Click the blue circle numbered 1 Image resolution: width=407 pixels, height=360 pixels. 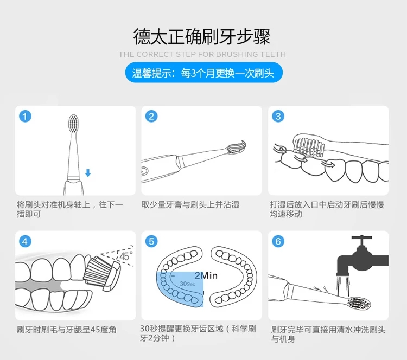[x=25, y=116]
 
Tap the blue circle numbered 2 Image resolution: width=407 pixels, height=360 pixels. [x=151, y=116]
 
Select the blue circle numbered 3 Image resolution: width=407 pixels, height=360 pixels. [x=278, y=116]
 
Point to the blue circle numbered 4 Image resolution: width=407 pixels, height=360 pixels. [x=25, y=241]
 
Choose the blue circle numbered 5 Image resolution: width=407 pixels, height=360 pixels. [x=151, y=241]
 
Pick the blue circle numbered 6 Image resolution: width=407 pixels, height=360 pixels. [x=278, y=241]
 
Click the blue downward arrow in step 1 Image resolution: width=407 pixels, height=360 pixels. [x=88, y=173]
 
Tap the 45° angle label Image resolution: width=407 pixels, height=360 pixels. [x=126, y=256]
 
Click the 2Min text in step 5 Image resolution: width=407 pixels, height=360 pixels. [x=206, y=275]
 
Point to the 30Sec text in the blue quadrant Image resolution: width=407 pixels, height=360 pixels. [x=187, y=284]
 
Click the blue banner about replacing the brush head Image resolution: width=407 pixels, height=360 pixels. [x=203, y=73]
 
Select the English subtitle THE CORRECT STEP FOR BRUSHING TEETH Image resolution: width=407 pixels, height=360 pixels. [x=202, y=54]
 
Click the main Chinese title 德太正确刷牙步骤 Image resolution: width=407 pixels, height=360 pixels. [x=202, y=36]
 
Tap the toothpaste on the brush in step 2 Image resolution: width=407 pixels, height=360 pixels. [x=237, y=147]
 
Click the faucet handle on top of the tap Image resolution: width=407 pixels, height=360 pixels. [x=361, y=237]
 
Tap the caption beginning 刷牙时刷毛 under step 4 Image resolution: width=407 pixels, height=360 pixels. [x=66, y=330]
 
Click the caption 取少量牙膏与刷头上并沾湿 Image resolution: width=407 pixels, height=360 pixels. [x=190, y=204]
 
